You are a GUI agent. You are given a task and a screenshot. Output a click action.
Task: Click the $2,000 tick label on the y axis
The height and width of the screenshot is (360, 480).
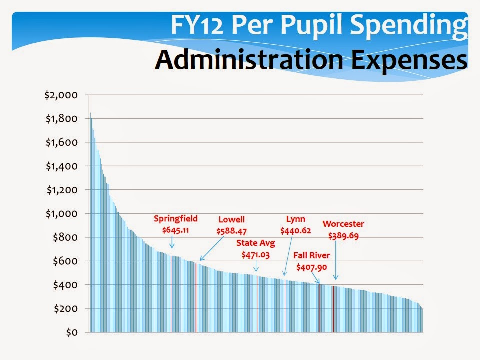pyautogui.click(x=61, y=95)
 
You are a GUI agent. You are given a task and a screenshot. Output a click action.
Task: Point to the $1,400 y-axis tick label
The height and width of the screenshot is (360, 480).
pyautogui.click(x=62, y=166)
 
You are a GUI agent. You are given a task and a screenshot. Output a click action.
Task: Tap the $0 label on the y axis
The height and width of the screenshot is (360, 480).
pyautogui.click(x=72, y=333)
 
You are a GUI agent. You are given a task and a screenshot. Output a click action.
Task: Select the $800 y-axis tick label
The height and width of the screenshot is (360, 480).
pyautogui.click(x=65, y=237)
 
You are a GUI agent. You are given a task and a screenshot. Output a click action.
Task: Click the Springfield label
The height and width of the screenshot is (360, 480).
pyautogui.click(x=176, y=219)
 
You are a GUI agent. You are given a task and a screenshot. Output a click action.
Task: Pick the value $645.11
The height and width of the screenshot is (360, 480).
pyautogui.click(x=175, y=230)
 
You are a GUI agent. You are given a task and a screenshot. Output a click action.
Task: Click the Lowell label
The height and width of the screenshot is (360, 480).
pyautogui.click(x=231, y=220)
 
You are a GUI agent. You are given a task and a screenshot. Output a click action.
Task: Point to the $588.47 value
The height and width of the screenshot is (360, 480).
pyautogui.click(x=231, y=231)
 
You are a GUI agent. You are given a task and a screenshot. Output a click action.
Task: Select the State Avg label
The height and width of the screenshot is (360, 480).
pyautogui.click(x=256, y=243)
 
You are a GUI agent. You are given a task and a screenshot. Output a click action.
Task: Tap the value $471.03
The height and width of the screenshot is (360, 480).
pyautogui.click(x=256, y=255)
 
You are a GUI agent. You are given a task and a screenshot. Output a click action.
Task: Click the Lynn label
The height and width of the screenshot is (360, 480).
pyautogui.click(x=295, y=219)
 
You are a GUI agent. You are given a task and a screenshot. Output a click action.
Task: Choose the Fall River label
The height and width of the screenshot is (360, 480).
pyautogui.click(x=312, y=255)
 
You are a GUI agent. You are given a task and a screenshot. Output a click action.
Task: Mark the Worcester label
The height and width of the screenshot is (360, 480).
pyautogui.click(x=343, y=224)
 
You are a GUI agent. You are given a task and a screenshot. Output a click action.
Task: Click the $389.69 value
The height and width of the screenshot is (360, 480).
pyautogui.click(x=343, y=236)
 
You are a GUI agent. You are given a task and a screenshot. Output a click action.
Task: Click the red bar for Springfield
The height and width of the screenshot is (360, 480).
pyautogui.click(x=171, y=294)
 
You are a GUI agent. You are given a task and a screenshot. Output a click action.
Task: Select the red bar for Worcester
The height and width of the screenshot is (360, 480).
pyautogui.click(x=333, y=309)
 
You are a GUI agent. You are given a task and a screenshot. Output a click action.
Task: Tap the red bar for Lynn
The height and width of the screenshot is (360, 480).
pyautogui.click(x=285, y=306)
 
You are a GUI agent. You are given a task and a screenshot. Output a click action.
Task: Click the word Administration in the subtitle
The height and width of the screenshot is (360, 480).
pyautogui.click(x=249, y=59)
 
